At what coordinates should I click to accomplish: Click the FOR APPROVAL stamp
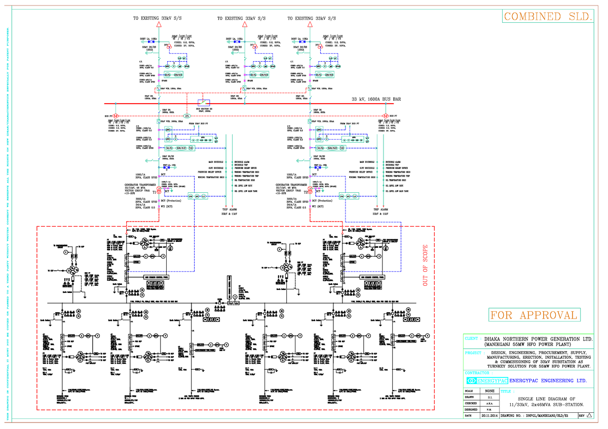pos(534,316)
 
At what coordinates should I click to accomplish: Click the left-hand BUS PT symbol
pos(116,116)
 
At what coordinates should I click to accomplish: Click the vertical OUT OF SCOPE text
pos(426,266)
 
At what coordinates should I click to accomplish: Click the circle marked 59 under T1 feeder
pos(191,148)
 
